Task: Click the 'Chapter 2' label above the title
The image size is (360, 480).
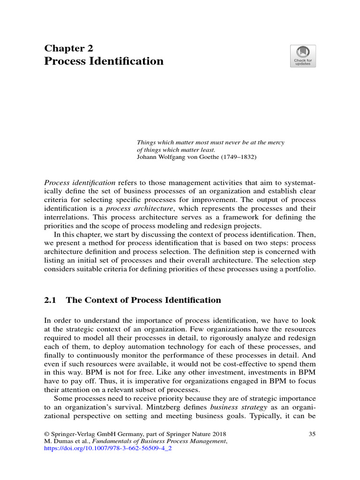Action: click(68, 48)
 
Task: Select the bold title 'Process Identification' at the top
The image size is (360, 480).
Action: click(104, 61)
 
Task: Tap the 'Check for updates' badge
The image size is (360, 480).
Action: click(303, 56)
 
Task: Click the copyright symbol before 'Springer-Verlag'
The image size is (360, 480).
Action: click(47, 434)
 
